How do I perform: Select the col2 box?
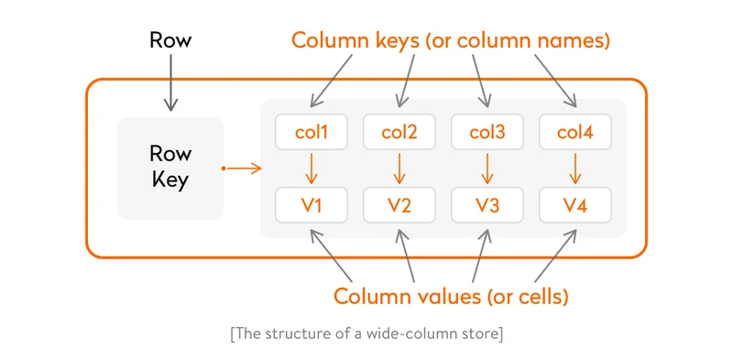[399, 133]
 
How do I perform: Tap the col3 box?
[487, 133]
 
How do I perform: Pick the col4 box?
[574, 133]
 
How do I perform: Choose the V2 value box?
[399, 205]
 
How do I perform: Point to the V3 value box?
[487, 205]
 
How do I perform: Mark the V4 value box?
[574, 205]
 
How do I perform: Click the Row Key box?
[170, 169]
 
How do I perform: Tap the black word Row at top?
[170, 40]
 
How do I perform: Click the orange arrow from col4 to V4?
[574, 169]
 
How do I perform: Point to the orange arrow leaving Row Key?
[242, 169]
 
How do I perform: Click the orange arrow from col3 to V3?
[487, 169]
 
